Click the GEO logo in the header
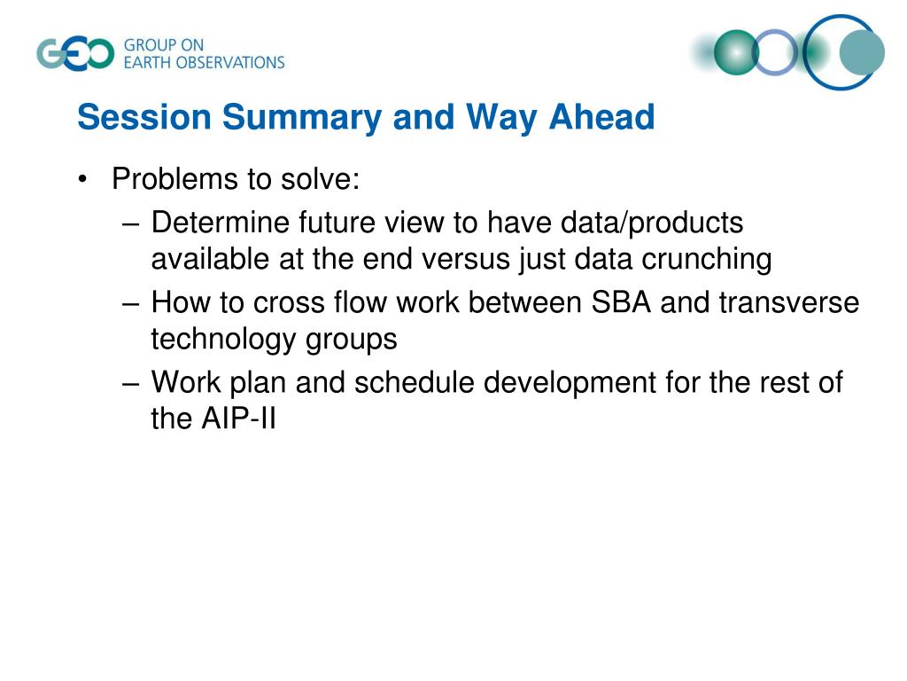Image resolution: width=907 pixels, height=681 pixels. click(75, 54)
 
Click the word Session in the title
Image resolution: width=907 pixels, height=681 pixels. click(144, 117)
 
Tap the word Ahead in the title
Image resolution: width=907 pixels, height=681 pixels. click(601, 117)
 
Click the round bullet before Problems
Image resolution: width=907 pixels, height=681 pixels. click(83, 179)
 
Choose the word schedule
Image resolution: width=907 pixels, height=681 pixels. click(415, 382)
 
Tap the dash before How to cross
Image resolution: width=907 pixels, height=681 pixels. click(131, 304)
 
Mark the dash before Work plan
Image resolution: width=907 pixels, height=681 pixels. click(131, 384)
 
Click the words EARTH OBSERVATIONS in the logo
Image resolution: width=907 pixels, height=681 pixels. click(205, 63)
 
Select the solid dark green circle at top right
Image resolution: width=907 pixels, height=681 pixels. click(736, 52)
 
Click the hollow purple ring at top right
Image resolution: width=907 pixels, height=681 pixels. click(775, 52)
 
